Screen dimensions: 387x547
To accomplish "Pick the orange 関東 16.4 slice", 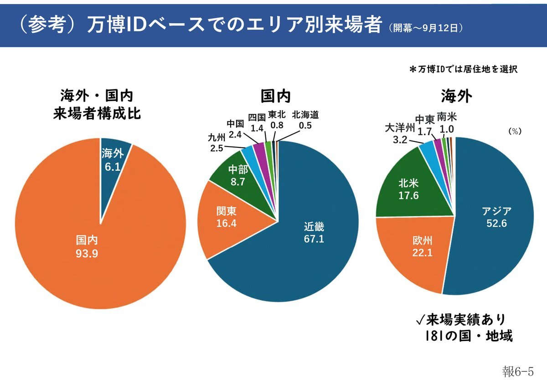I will (x=226, y=217).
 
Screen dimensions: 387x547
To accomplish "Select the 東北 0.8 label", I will (x=277, y=120).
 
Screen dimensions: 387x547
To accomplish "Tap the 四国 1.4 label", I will (x=257, y=122).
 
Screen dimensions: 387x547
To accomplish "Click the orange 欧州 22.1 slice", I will (x=422, y=245).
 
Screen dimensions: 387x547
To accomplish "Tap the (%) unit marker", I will (x=515, y=131).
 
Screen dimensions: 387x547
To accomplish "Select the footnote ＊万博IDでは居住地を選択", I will (x=464, y=70).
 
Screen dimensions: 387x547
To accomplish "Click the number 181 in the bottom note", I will (x=434, y=336).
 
